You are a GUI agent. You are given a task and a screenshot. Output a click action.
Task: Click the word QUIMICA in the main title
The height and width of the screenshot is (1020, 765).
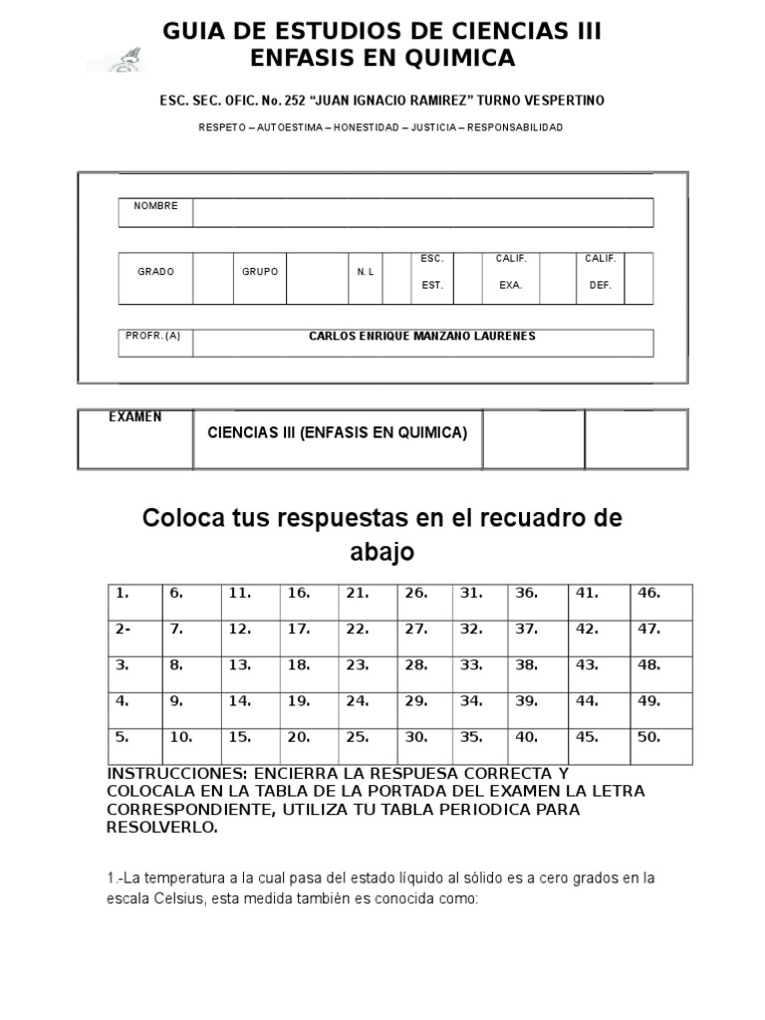click(461, 59)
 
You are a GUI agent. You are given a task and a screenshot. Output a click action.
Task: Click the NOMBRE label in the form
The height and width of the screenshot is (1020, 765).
click(155, 206)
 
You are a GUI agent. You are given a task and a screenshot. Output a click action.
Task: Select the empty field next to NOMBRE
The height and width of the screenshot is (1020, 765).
click(423, 213)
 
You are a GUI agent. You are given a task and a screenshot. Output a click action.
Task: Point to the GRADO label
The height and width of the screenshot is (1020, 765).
click(155, 272)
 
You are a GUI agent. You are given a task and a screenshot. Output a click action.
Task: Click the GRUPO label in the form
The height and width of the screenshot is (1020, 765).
click(260, 272)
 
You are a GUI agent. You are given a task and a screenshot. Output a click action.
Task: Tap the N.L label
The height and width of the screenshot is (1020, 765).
click(365, 272)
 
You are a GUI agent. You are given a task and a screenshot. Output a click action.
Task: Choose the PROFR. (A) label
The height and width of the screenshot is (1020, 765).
click(153, 337)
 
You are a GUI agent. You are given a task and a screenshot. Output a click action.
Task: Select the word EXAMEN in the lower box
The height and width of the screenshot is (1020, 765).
click(135, 416)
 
